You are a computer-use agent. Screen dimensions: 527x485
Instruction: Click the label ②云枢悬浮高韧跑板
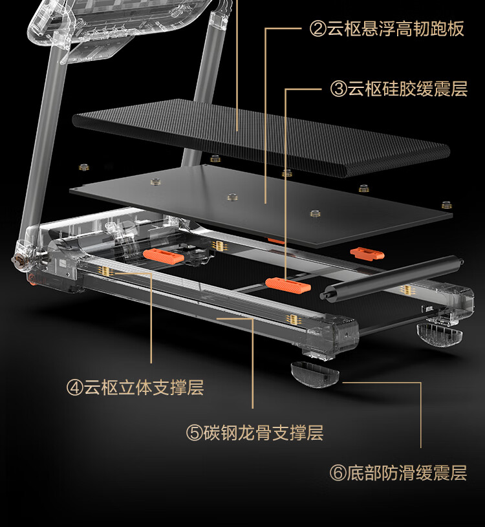click(387, 29)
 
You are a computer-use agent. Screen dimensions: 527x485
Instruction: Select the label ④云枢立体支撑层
click(135, 388)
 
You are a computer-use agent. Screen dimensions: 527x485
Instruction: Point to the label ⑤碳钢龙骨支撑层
click(255, 433)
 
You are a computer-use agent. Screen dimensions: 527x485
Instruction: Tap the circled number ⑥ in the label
click(338, 473)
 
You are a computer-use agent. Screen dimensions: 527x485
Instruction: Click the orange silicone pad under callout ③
click(287, 285)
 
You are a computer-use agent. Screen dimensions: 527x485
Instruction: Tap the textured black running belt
click(259, 136)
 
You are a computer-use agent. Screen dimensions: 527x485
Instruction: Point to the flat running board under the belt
click(259, 200)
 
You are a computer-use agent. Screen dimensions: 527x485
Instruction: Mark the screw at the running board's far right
click(446, 205)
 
